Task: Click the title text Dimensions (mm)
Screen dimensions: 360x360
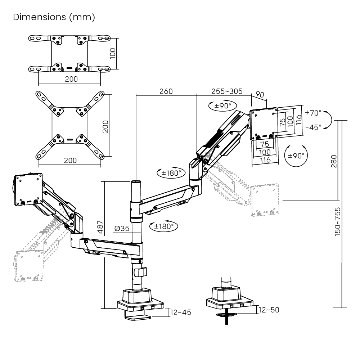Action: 54,17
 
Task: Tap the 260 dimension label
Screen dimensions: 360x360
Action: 166,91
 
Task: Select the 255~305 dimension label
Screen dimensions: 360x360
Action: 227,91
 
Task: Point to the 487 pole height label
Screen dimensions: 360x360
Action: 100,227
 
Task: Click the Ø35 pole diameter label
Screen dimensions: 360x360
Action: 122,229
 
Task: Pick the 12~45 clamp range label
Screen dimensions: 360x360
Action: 181,312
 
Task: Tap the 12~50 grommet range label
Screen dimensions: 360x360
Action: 269,310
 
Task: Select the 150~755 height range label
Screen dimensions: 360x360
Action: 337,222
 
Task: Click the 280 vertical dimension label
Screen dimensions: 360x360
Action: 334,161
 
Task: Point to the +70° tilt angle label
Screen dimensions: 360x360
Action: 313,113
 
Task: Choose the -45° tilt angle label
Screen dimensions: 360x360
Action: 314,127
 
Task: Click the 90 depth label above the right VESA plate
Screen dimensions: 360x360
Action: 260,94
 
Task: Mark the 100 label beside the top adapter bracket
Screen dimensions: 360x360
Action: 113,54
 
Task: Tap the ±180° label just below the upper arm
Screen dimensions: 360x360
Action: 163,226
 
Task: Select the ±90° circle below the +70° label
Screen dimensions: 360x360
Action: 296,156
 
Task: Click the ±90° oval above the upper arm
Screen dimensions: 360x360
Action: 222,106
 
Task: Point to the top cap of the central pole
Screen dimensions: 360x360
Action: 136,182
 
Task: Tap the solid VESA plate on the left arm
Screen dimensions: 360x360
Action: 28,189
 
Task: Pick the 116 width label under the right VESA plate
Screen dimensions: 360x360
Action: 265,160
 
